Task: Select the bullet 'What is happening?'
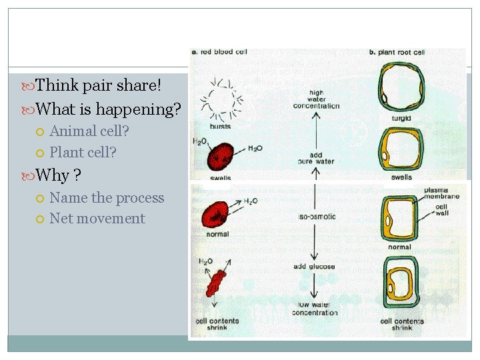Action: point(108,108)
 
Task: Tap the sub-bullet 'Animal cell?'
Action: point(89,131)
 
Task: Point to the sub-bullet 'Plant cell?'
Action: point(83,153)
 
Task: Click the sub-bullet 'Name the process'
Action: point(107,198)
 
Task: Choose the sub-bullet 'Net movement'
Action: point(97,219)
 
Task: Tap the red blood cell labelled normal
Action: point(219,213)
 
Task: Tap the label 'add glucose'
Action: point(314,267)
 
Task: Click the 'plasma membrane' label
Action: point(441,194)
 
